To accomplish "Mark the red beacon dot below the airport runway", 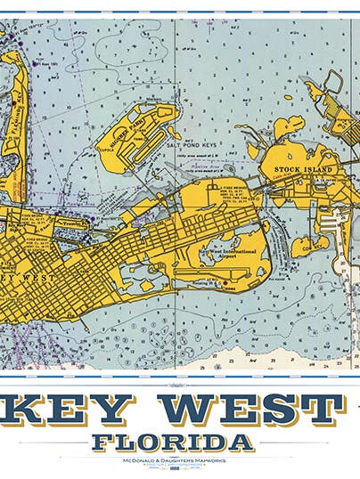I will [225, 283].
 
